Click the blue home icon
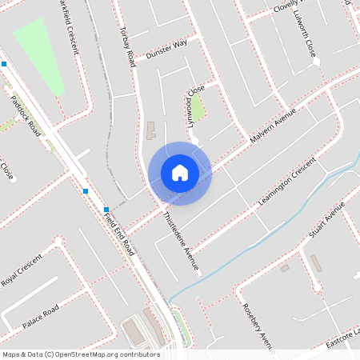click(180, 173)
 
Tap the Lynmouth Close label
click(194, 99)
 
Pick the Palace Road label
click(40, 317)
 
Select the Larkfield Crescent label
click(69, 28)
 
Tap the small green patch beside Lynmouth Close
click(197, 109)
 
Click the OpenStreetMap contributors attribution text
click(81, 354)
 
